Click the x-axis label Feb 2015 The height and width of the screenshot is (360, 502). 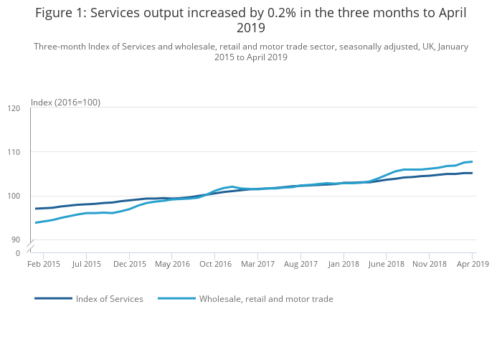tap(43, 264)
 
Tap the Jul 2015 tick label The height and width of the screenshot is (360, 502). tap(86, 264)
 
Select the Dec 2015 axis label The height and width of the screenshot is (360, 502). tap(130, 264)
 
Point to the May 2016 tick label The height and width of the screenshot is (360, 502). tap(172, 264)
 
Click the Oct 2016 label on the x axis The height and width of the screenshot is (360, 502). tap(215, 264)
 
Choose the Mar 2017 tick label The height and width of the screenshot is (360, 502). tap(258, 264)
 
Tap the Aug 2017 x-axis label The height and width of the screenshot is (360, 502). tap(301, 264)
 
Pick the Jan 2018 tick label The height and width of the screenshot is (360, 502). tap(344, 264)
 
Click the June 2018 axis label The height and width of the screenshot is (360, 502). tap(387, 264)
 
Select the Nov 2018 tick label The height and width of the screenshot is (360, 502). tap(430, 264)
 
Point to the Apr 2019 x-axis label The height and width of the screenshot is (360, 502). tap(473, 264)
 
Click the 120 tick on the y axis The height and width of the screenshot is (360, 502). tap(14, 108)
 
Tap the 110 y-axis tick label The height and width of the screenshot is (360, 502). tap(14, 152)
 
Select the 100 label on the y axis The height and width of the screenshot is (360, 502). tap(14, 196)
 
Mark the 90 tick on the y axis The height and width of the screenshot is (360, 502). tap(16, 240)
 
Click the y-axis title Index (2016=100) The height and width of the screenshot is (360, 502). tap(65, 103)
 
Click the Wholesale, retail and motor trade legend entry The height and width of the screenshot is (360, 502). tap(266, 299)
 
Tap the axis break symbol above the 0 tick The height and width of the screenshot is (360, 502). tap(31, 247)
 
